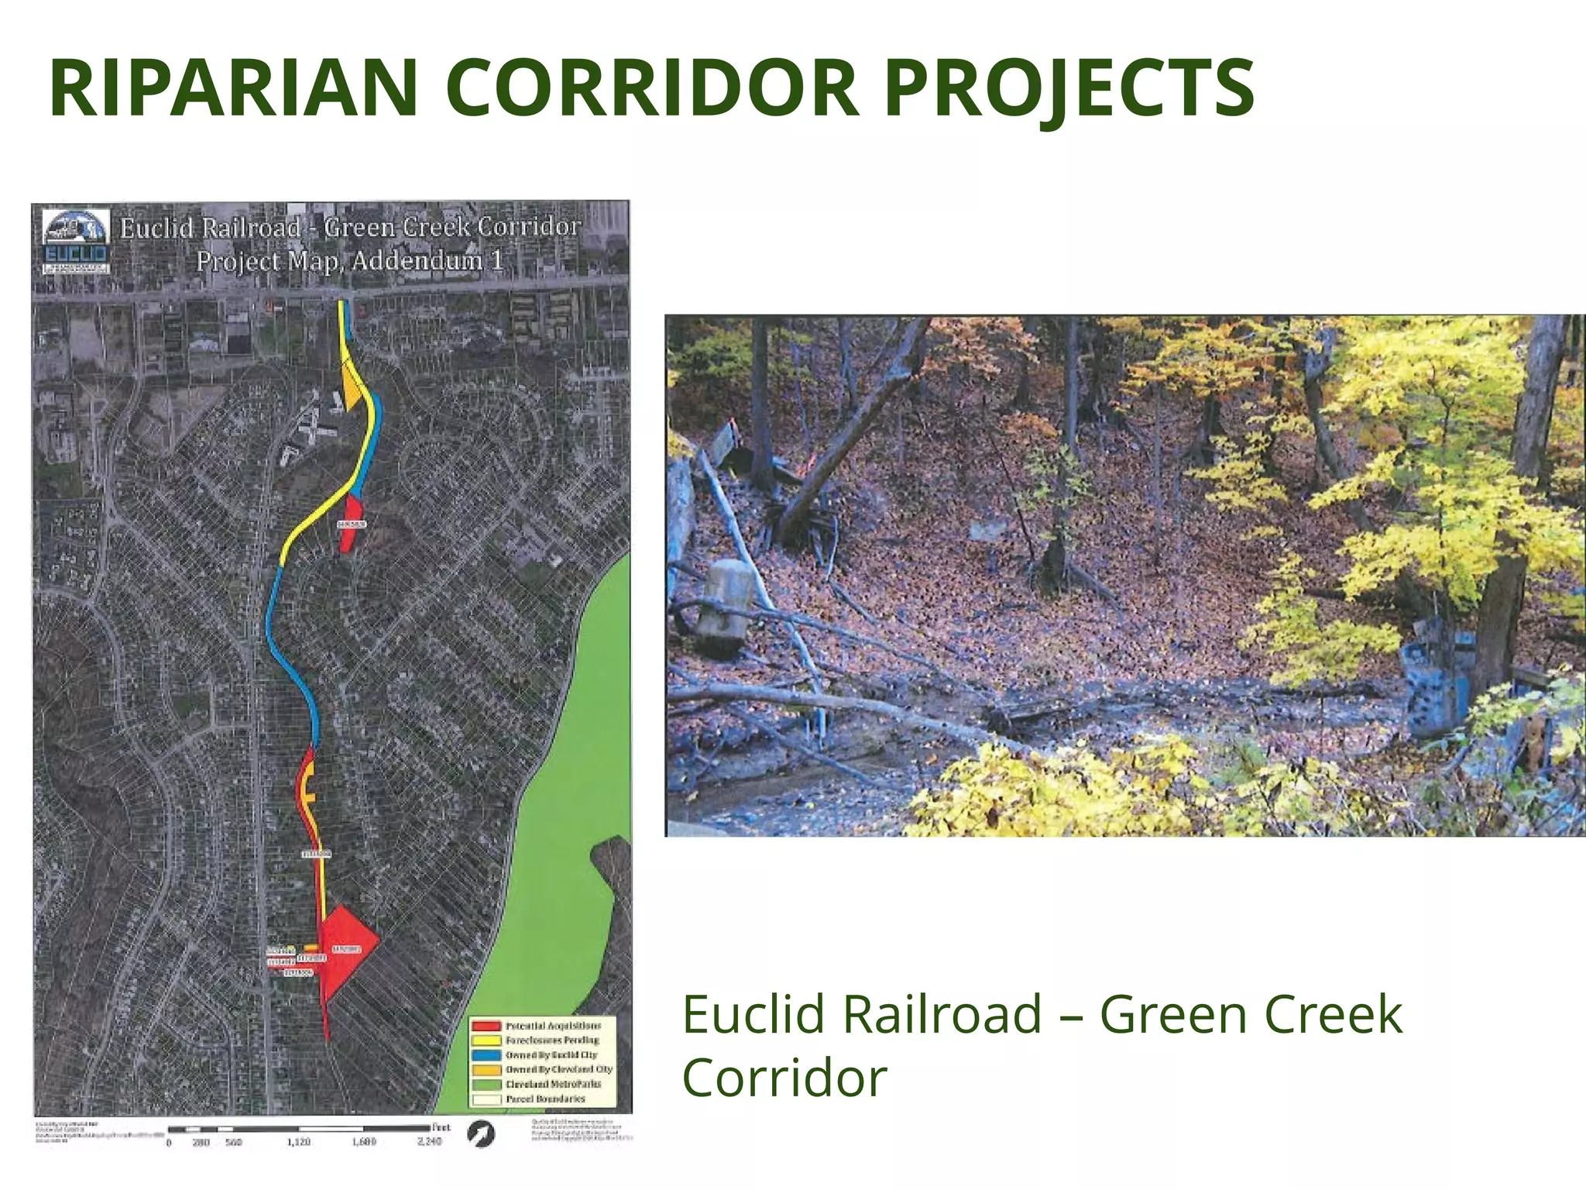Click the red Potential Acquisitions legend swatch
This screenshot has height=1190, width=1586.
click(x=486, y=1026)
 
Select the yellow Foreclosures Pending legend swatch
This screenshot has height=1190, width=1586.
click(x=486, y=1040)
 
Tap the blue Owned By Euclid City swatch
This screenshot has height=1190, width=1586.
click(x=486, y=1055)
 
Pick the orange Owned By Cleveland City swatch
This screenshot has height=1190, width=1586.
click(x=486, y=1069)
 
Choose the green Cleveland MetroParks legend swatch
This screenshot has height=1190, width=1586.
click(x=486, y=1084)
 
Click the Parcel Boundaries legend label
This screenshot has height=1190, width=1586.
click(x=545, y=1099)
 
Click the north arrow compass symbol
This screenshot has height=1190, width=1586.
click(x=481, y=1134)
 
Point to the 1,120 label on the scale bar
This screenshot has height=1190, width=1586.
click(x=299, y=1142)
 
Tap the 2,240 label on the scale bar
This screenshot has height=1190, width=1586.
click(x=429, y=1142)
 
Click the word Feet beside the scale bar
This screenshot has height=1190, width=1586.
click(x=441, y=1127)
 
